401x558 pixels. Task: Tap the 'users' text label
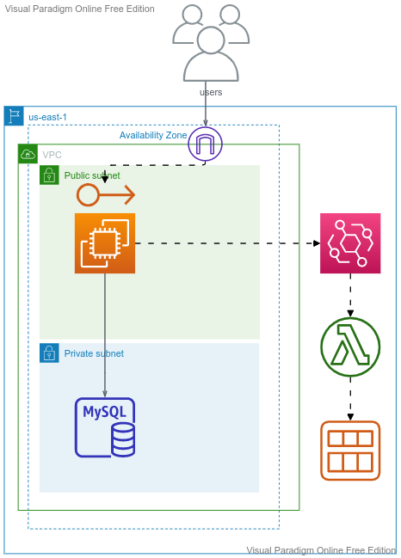tap(211, 92)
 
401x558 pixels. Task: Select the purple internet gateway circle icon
tap(205, 144)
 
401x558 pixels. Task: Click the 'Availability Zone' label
tap(153, 135)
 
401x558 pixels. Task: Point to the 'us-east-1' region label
tap(47, 117)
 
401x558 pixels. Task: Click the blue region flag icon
tap(14, 116)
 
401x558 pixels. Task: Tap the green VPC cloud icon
tap(28, 154)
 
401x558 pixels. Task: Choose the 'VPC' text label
tap(52, 155)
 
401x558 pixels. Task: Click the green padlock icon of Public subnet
tap(49, 175)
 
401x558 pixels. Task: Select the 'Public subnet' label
tap(92, 175)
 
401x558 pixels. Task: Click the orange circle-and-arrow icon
tap(106, 194)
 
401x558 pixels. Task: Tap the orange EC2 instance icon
tap(105, 243)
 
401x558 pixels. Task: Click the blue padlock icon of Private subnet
tap(49, 353)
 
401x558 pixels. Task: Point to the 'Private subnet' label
tap(94, 353)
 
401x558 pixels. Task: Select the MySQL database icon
tap(105, 427)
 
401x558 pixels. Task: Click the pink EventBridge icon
tap(350, 243)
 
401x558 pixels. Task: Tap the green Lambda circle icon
tap(350, 347)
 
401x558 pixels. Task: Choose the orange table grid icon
tap(350, 451)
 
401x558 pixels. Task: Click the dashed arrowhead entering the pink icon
tap(317, 243)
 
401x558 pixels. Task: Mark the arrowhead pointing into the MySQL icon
tap(105, 394)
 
